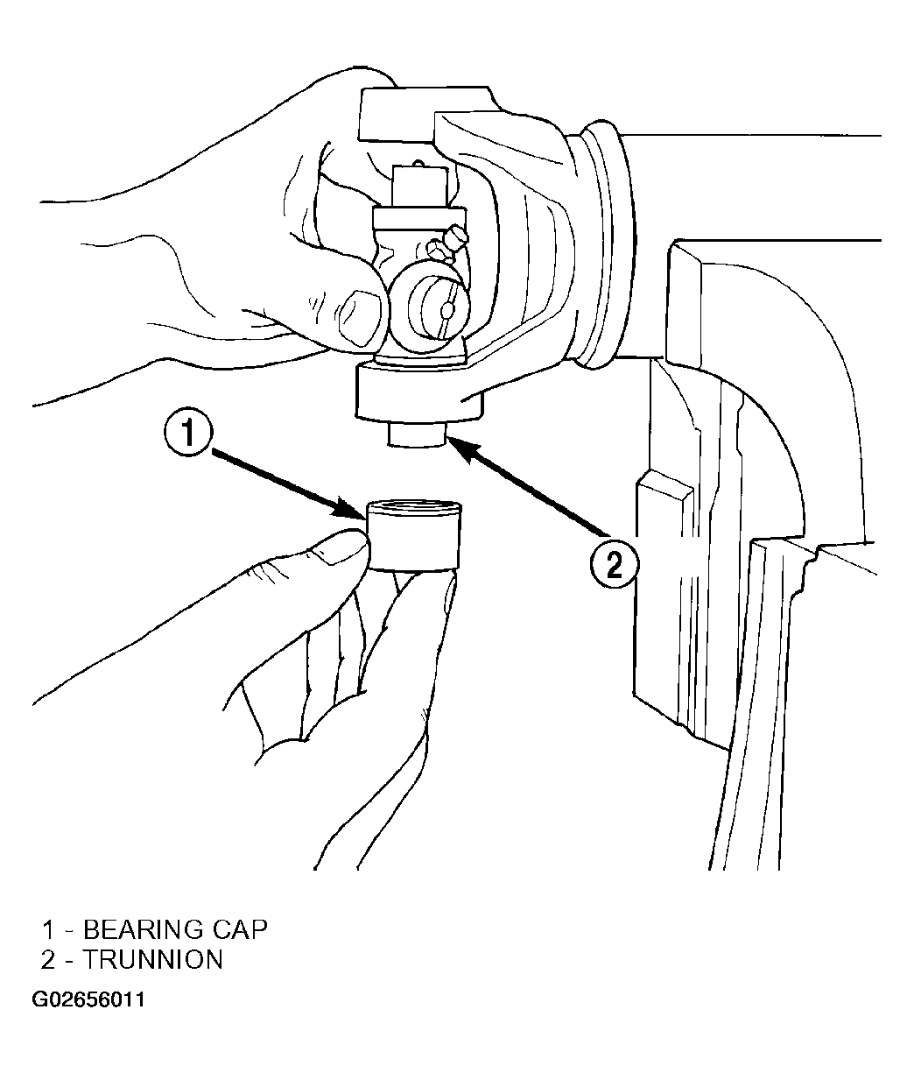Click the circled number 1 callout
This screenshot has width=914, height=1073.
(x=187, y=434)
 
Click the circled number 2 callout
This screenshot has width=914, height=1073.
(x=614, y=564)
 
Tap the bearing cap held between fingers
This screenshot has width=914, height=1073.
(x=414, y=536)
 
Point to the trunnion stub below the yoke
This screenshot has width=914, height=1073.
(x=416, y=434)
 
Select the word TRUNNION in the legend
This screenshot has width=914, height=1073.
(x=152, y=959)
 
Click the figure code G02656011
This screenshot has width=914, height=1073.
(x=88, y=999)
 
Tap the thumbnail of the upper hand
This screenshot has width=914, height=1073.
(x=359, y=317)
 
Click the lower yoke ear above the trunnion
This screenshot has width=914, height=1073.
(x=418, y=392)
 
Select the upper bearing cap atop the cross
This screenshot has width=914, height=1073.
(x=420, y=186)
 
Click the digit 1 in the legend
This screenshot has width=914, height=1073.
(x=48, y=929)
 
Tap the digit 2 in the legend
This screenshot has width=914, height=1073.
(x=48, y=959)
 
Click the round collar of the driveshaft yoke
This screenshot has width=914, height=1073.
(x=604, y=244)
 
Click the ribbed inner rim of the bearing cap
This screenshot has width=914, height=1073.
(x=414, y=507)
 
